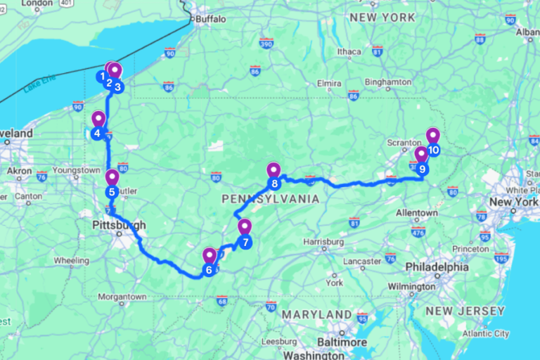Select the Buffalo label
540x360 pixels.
click(212, 19)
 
